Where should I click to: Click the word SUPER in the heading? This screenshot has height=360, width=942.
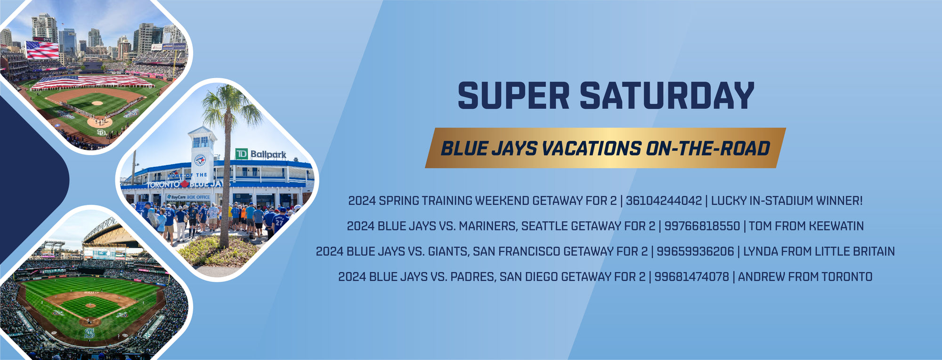(514, 96)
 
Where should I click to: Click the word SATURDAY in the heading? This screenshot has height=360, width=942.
(667, 96)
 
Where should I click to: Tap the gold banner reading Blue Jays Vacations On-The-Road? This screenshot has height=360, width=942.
(605, 148)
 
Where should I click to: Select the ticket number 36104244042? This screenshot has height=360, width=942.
(664, 201)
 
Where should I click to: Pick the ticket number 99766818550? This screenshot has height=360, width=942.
(702, 226)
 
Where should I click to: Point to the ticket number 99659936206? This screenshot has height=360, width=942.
(695, 252)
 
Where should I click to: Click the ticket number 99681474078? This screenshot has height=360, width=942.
(691, 277)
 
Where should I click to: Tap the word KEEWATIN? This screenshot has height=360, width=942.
(836, 226)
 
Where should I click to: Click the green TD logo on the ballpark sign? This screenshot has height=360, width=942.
(242, 154)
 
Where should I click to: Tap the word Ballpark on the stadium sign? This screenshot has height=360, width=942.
(268, 155)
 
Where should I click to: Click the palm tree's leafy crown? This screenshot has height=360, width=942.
(231, 106)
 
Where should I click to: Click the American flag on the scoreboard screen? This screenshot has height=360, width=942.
(42, 49)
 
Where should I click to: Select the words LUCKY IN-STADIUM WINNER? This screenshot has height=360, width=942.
(787, 201)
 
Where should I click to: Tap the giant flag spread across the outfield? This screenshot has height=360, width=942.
(92, 82)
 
